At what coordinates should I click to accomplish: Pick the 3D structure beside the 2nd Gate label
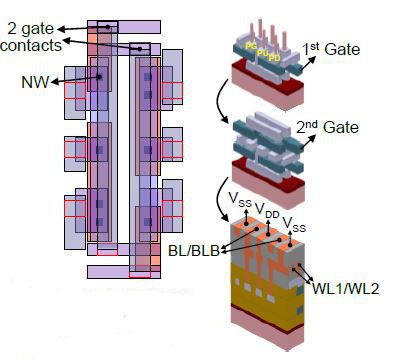click(x=270, y=145)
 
